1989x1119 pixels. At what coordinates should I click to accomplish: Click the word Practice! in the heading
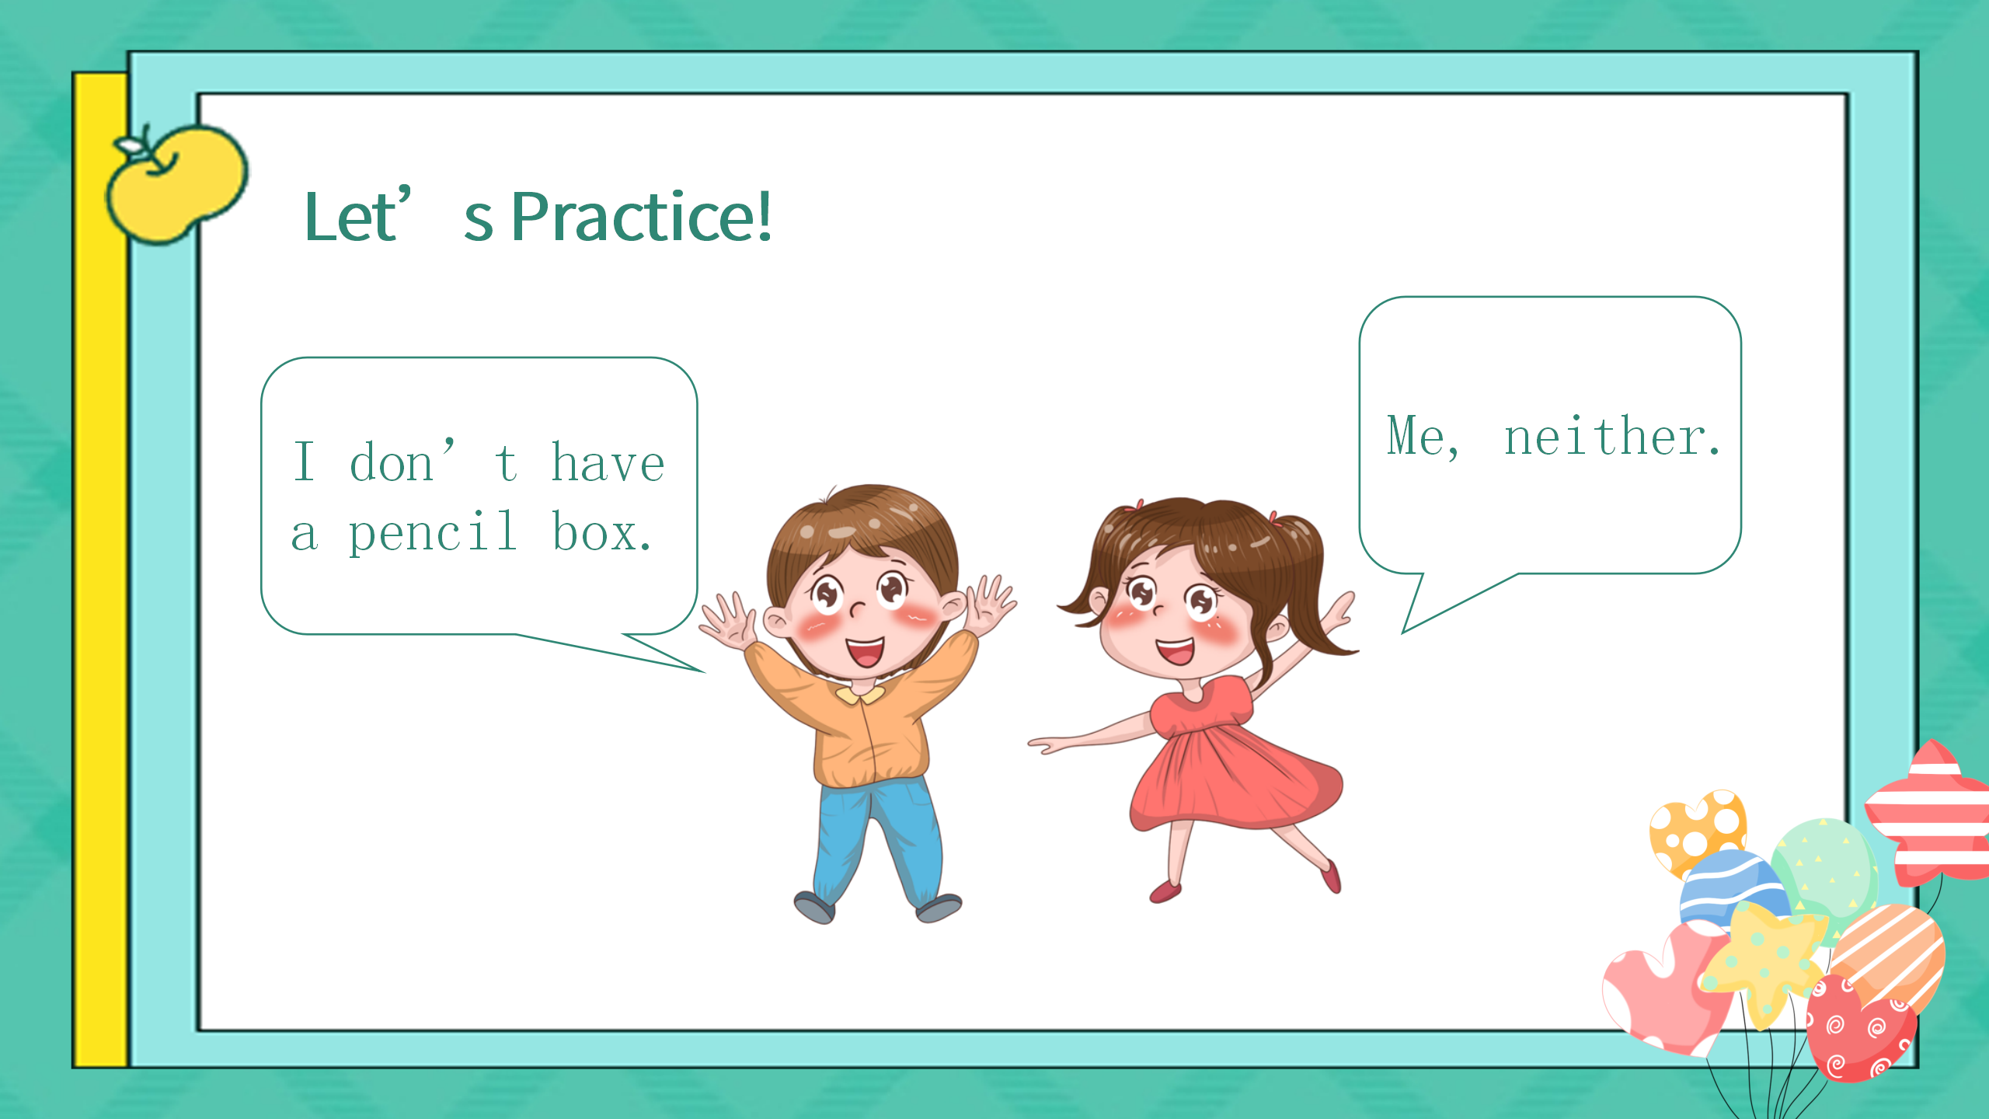(x=642, y=218)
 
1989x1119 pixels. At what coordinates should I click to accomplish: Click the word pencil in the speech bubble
(x=433, y=534)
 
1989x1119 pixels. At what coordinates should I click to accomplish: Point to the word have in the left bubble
(x=608, y=463)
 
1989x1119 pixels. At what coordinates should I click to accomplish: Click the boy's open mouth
(x=865, y=651)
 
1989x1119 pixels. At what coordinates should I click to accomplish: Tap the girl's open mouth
(x=1176, y=650)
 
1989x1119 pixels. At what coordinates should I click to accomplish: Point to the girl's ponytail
(x=1313, y=591)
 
